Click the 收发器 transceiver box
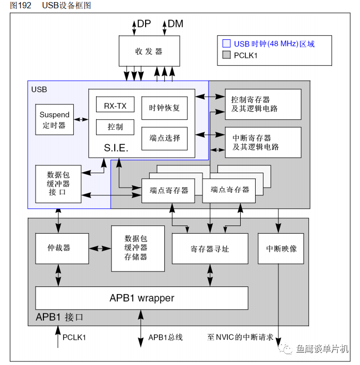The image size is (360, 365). (149, 51)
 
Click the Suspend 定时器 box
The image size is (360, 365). (55, 119)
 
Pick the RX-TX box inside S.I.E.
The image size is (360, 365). (115, 105)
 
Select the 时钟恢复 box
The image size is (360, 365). (164, 108)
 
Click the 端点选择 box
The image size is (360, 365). (164, 138)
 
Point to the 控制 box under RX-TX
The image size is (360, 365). (115, 127)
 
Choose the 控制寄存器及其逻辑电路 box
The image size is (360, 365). (263, 104)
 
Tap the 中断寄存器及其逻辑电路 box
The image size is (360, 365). (263, 142)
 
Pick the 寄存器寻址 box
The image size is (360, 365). (209, 249)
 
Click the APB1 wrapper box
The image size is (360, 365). (142, 298)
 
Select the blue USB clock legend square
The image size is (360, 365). (226, 44)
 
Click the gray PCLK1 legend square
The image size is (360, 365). (226, 55)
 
